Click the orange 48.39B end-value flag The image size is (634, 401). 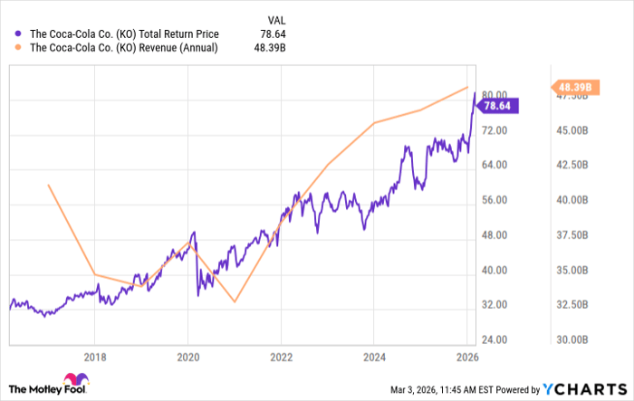click(x=574, y=88)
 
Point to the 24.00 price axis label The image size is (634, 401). click(x=495, y=339)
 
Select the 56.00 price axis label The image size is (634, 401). click(x=495, y=200)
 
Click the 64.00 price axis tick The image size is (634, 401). click(x=495, y=165)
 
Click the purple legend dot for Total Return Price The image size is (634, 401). click(x=15, y=34)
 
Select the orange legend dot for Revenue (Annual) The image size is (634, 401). click(x=15, y=48)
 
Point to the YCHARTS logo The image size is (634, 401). click(x=585, y=388)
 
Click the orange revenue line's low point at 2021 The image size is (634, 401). click(x=235, y=301)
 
